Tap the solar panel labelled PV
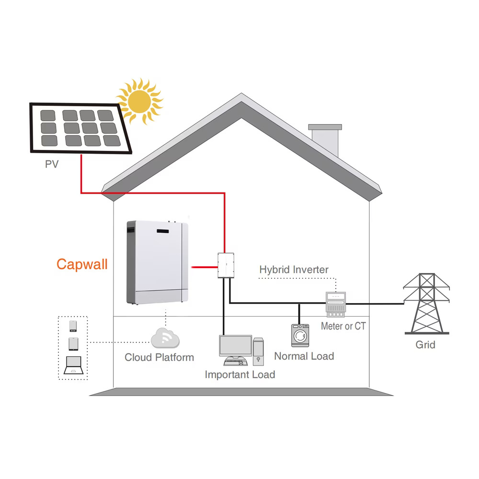coord(80,128)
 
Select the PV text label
coord(52,164)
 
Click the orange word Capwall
coord(82,264)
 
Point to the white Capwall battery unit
coord(157,262)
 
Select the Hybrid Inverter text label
coord(294,270)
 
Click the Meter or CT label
coord(343,326)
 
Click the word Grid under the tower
coord(425,344)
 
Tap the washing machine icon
coord(300,335)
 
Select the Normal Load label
coord(304,356)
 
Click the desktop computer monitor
coord(236,346)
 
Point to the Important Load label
coord(239,374)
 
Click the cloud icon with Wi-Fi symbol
coord(165,338)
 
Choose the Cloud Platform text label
coord(159,357)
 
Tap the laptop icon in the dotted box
coord(73,365)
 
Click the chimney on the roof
coord(325,140)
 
